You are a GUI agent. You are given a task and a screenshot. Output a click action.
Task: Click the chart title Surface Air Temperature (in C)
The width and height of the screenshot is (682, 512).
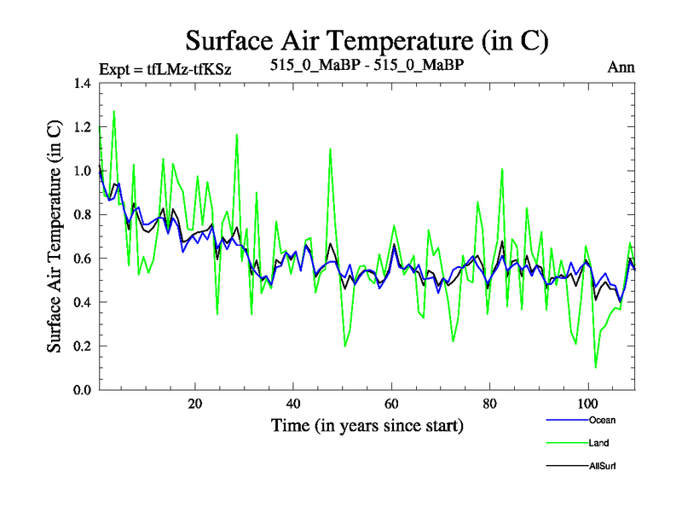(x=367, y=40)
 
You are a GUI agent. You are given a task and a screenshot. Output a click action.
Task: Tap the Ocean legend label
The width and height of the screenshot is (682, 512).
(x=601, y=420)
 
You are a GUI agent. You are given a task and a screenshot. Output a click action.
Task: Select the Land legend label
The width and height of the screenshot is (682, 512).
(x=598, y=443)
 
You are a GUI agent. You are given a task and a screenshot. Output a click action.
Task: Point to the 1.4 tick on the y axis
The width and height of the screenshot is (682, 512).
(x=81, y=84)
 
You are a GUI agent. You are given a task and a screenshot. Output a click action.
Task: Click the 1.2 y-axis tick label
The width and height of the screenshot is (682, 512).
(x=81, y=127)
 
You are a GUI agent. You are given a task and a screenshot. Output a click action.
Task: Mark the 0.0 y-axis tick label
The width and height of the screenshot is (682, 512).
(x=81, y=390)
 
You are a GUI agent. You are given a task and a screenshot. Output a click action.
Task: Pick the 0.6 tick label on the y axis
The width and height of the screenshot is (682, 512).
(x=81, y=259)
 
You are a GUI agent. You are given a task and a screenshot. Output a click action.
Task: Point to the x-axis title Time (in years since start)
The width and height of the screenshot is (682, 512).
(x=367, y=425)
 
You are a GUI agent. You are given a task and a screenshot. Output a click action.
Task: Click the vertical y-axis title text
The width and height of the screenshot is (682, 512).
(x=54, y=236)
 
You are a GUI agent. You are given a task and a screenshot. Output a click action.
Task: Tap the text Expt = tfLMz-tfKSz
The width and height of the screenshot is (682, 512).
(x=165, y=67)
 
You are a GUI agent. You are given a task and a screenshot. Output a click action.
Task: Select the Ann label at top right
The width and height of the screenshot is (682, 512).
(x=621, y=67)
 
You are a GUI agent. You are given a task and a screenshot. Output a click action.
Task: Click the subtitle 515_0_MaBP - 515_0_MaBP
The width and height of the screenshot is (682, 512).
(x=367, y=67)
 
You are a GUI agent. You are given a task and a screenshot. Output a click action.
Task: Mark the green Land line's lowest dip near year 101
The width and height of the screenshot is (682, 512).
(x=595, y=367)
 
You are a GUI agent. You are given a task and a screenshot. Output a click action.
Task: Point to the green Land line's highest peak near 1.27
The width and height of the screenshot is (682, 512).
(x=113, y=111)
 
